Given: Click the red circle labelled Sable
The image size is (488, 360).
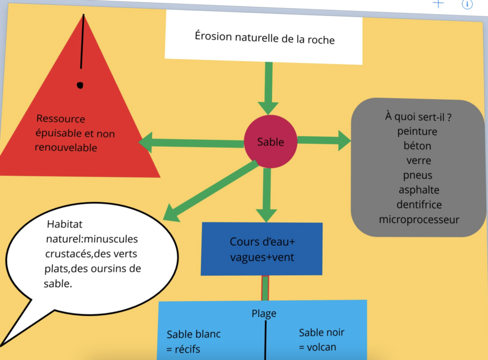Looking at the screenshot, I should (x=270, y=141).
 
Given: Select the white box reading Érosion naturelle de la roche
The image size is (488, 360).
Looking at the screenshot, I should (x=264, y=37).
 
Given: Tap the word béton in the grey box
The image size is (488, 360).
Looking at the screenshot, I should (x=417, y=146).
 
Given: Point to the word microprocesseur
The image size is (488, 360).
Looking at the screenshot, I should (x=419, y=220).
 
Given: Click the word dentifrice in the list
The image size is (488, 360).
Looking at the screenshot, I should (x=419, y=205).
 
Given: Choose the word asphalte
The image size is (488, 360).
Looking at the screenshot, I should (x=419, y=190).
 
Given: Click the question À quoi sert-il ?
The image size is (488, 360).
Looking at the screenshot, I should (x=418, y=117).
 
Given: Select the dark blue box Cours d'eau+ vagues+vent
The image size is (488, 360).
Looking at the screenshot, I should (x=262, y=249).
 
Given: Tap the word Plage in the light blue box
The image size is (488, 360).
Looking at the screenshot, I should (x=264, y=313).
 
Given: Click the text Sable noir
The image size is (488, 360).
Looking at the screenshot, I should (x=321, y=332).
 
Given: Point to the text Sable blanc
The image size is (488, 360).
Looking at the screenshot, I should (x=193, y=334).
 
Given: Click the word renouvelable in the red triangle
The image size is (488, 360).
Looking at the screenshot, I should (x=66, y=147).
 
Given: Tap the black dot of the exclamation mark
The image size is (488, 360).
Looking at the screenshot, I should (x=80, y=85).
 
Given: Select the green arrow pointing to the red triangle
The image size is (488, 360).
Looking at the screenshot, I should (x=191, y=142).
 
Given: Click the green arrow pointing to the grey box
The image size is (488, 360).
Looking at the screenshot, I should (x=324, y=140).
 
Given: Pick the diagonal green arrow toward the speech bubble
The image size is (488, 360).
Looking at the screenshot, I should (x=210, y=189).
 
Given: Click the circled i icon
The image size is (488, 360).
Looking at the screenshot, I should (x=467, y=4).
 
